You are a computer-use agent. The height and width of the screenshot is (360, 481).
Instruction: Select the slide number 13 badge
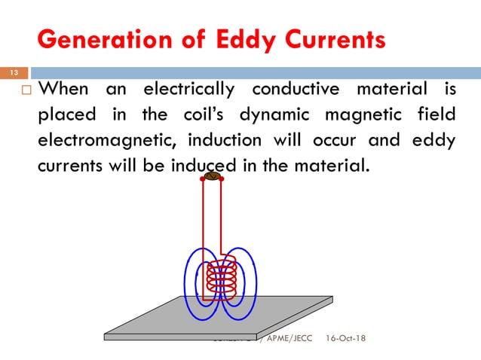(x=14, y=72)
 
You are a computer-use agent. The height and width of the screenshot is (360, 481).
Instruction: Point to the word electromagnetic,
(x=106, y=141)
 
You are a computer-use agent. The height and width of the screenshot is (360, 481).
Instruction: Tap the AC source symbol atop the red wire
(x=212, y=178)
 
